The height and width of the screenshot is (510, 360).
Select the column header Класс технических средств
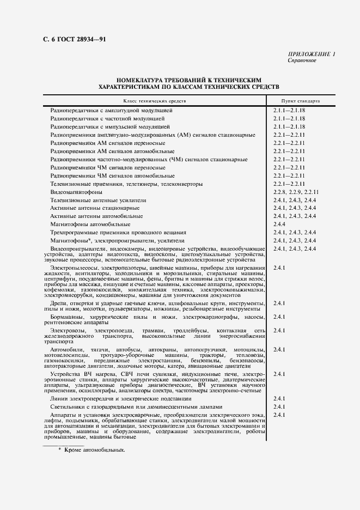pyautogui.click(x=154, y=101)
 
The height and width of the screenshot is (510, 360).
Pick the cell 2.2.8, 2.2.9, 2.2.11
pyautogui.click(x=296, y=192)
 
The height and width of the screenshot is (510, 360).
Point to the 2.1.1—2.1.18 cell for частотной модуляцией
pyautogui.click(x=289, y=118)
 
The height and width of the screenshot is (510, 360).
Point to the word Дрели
pyautogui.click(x=58, y=303)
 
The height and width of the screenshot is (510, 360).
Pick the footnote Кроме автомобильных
pyautogui.click(x=95, y=451)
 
